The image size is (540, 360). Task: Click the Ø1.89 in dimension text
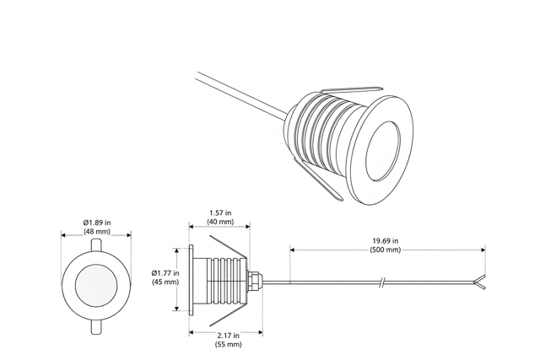pyautogui.click(x=97, y=223)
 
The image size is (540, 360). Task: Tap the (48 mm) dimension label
pyautogui.click(x=97, y=232)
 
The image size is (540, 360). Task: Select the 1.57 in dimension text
pyautogui.click(x=220, y=213)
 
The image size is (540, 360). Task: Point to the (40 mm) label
pyautogui.click(x=220, y=222)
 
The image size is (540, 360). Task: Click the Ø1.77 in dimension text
pyautogui.click(x=165, y=273)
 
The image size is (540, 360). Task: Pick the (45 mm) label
pyautogui.click(x=165, y=282)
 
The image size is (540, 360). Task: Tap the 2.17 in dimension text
pyautogui.click(x=229, y=336)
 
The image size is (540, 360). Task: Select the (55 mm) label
pyautogui.click(x=229, y=344)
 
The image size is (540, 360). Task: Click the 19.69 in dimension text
pyautogui.click(x=386, y=241)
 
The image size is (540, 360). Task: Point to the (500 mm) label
pyautogui.click(x=386, y=250)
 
